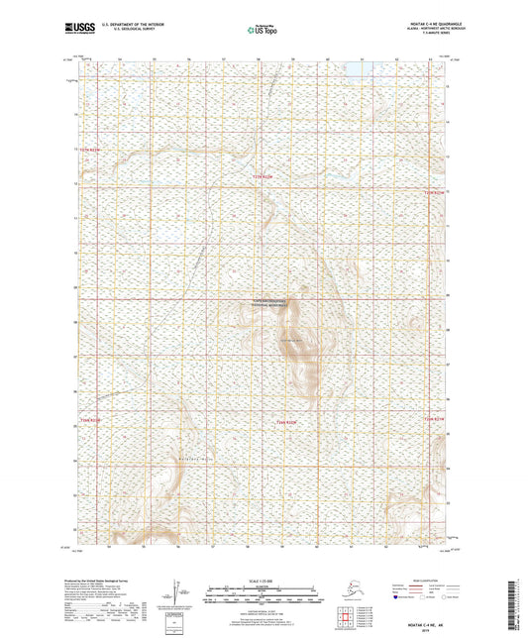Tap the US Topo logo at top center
pos(261,31)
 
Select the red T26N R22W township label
pos(286,423)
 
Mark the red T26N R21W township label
pos(436,420)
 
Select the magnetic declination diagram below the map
pos(176,590)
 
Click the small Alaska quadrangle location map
pos(341,594)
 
